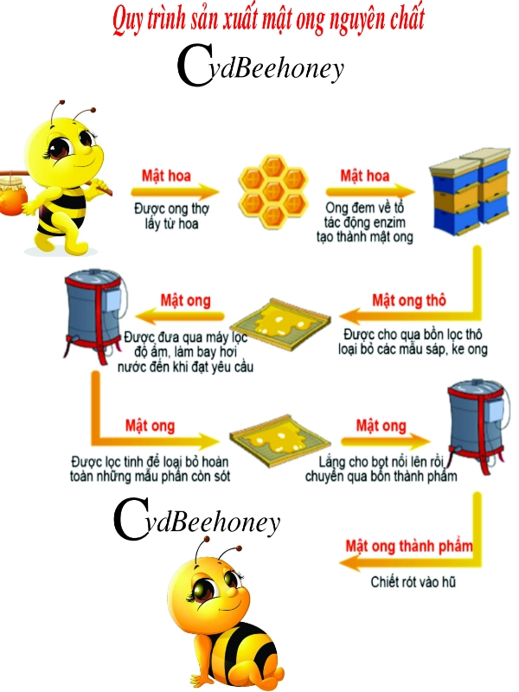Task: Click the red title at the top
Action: tap(268, 20)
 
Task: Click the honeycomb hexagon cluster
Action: tap(272, 191)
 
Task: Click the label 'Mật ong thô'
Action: tap(409, 300)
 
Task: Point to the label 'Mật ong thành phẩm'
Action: tap(409, 546)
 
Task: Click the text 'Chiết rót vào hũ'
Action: tap(413, 581)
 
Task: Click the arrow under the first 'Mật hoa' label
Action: tap(175, 191)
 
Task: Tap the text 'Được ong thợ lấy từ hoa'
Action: tap(171, 215)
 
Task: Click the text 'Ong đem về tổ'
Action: tap(364, 208)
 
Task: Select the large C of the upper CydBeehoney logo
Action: tap(195, 66)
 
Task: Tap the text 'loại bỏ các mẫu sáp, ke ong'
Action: tap(413, 349)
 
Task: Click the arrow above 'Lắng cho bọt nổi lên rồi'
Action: tap(385, 440)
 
